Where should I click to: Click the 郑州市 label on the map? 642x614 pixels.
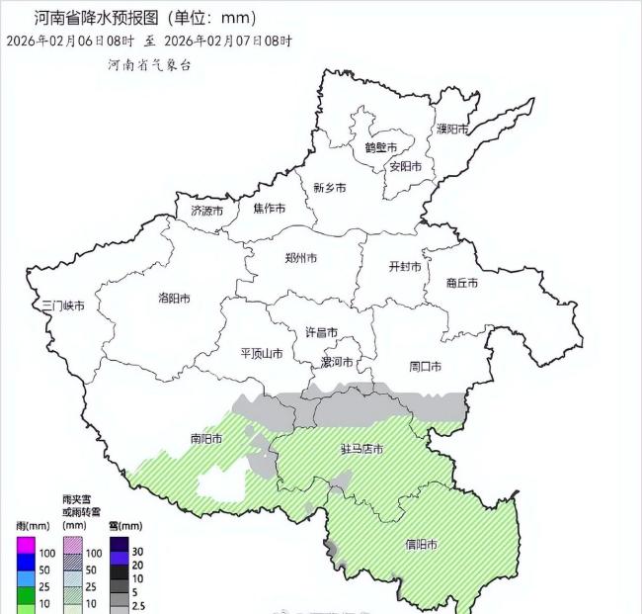pos(300,258)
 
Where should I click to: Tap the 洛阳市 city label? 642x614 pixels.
pos(174,298)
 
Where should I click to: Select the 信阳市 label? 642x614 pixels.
pos(422,545)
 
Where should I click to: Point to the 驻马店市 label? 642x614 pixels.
pos(362,449)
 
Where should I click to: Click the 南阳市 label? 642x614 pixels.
pos(206,438)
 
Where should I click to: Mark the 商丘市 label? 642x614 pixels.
pos(461,283)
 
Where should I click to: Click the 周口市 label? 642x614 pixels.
pos(426,366)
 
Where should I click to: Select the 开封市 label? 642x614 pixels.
pos(405,267)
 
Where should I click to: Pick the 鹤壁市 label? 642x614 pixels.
pos(380,147)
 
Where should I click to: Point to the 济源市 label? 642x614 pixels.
pos(206,211)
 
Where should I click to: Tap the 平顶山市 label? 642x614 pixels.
pos(262,353)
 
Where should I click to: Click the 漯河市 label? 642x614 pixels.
pos(340,363)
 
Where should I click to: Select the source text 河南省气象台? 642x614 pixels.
pos(150,64)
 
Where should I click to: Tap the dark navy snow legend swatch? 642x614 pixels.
pos(120,545)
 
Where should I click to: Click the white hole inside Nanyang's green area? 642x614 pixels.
pos(222,485)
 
